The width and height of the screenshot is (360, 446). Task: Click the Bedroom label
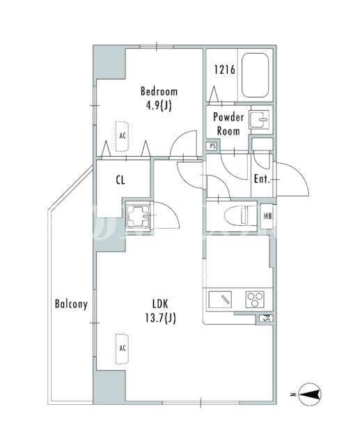pyautogui.click(x=159, y=91)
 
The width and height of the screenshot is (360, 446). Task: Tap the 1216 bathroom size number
pyautogui.click(x=224, y=70)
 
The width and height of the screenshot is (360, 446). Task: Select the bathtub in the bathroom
pyautogui.click(x=255, y=75)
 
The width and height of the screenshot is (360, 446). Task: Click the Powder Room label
pyautogui.click(x=228, y=124)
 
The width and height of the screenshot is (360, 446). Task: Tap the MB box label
pyautogui.click(x=267, y=216)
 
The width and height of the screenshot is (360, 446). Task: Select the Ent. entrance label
pyautogui.click(x=262, y=179)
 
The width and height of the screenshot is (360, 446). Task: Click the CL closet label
pyautogui.click(x=120, y=180)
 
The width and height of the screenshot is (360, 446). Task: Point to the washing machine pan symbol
pyautogui.click(x=138, y=216)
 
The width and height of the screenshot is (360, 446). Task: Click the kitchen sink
pyautogui.click(x=220, y=299)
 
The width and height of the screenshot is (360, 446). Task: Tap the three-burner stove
pyautogui.click(x=255, y=300)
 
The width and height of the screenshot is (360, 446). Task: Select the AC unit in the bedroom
pyautogui.click(x=122, y=137)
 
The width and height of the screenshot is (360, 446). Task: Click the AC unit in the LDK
pyautogui.click(x=122, y=348)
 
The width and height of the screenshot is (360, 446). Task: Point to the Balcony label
pyautogui.click(x=71, y=304)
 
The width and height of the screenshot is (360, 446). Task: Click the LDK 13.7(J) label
pyautogui.click(x=161, y=311)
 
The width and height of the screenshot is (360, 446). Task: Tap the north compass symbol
pyautogui.click(x=310, y=394)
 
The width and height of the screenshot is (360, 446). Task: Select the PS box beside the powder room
pyautogui.click(x=212, y=146)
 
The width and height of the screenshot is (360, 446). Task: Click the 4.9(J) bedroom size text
pyautogui.click(x=159, y=106)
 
